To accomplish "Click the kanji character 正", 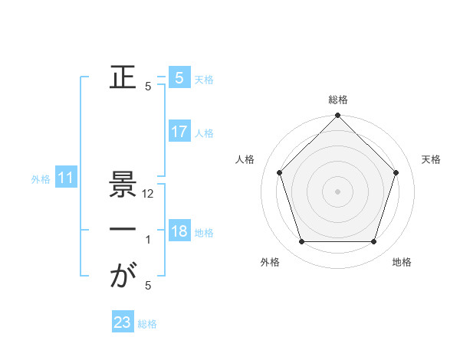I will (123, 78).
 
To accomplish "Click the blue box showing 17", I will (179, 132).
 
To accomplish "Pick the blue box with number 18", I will (179, 231).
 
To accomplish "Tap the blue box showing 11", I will (66, 178).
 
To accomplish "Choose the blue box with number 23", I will (123, 322).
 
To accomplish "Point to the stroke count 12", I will (149, 194).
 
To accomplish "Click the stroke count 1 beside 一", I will (148, 240).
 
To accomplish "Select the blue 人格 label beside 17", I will (204, 133).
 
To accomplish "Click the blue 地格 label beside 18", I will (204, 233).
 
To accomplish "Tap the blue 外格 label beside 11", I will (41, 180).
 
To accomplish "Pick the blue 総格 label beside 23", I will (147, 324).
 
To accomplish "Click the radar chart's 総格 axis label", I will (338, 100).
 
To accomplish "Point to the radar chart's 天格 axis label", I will (432, 159).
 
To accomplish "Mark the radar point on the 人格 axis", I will (279, 172).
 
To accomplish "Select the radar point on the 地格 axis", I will (374, 242).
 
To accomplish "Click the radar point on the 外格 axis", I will (301, 242).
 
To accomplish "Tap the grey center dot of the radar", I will (338, 191).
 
